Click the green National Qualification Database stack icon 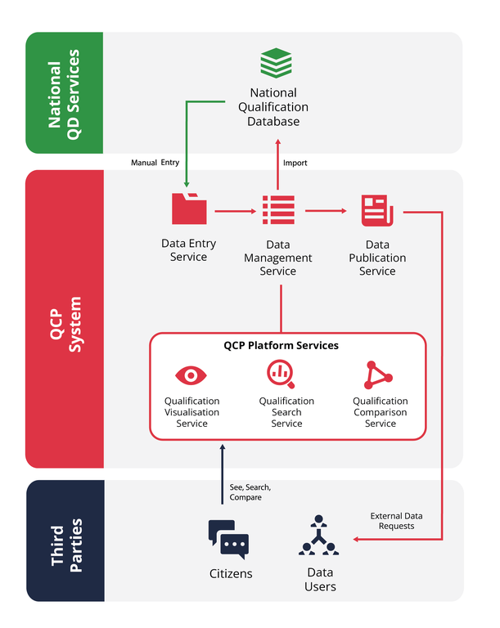pos(276,63)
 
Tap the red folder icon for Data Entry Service pos(189,209)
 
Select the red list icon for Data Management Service pos(278,210)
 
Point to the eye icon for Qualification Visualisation pos(191,375)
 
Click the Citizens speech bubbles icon pos(228,540)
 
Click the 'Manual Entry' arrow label pos(155,163)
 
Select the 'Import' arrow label pos(295,163)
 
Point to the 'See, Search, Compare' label pos(250,492)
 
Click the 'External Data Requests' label pos(397,521)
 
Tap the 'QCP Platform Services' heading pos(281,345)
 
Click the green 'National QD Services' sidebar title pos(65,93)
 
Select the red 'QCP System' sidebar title pos(65,319)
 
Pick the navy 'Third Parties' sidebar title pos(65,541)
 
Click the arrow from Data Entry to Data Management pos(236,211)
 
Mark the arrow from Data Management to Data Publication pos(326,211)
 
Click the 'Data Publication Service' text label pos(377,258)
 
